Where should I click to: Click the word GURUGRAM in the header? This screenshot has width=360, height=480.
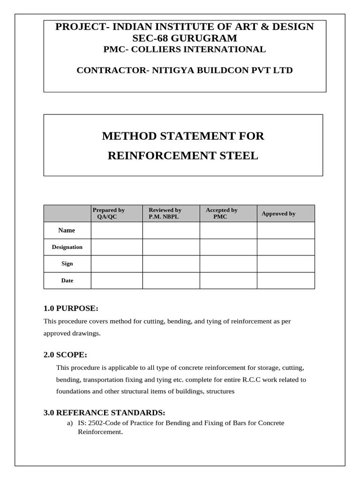click(210, 38)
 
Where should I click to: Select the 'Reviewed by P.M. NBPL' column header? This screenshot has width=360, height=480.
click(165, 213)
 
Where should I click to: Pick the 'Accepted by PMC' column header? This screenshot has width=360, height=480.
click(221, 213)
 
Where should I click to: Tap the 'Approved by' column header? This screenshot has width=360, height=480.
click(278, 214)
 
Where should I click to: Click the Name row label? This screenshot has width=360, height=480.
click(67, 230)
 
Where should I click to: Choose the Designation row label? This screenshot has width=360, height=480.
click(67, 247)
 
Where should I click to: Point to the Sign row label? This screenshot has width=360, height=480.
click(67, 263)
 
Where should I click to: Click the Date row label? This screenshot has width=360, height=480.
click(67, 280)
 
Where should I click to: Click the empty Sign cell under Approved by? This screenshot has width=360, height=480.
click(285, 263)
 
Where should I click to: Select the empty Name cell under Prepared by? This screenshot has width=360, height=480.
click(117, 230)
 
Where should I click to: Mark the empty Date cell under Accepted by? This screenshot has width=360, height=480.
click(228, 280)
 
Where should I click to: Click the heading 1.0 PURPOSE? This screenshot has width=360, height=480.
click(71, 308)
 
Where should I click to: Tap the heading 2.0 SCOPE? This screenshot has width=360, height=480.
click(65, 355)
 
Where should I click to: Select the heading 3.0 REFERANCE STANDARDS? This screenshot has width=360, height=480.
click(104, 412)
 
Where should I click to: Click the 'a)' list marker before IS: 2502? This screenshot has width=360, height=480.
click(70, 423)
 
